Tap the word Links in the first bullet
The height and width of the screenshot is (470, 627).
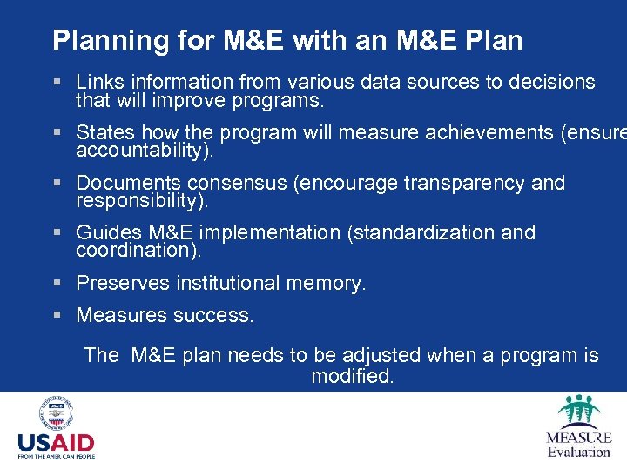click(98, 82)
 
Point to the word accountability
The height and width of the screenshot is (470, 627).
click(142, 151)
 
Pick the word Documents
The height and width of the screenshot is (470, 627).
click(129, 184)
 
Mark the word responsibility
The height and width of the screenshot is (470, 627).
click(139, 201)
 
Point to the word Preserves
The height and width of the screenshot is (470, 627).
click(122, 283)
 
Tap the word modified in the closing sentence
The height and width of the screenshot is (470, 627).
click(352, 377)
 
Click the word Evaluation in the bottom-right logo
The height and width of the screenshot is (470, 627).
click(578, 452)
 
